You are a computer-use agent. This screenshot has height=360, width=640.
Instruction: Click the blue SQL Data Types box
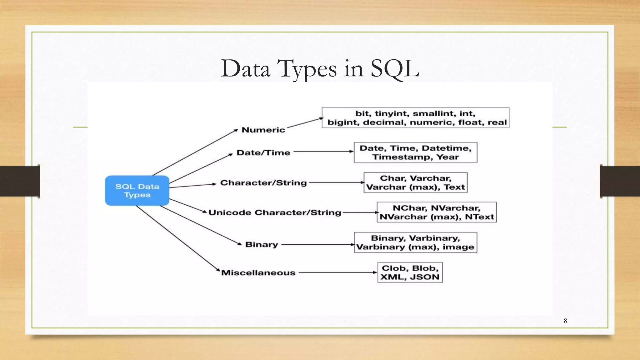coord(137,190)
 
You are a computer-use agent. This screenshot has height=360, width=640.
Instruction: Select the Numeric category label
coord(263,130)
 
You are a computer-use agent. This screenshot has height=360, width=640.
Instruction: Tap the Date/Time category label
coord(263,152)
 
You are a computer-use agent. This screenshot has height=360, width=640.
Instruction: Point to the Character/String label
coord(263,182)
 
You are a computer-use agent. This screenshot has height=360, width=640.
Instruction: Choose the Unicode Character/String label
coord(275,212)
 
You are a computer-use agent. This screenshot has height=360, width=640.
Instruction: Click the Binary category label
coord(262,244)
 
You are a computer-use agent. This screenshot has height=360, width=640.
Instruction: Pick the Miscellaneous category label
coord(258,272)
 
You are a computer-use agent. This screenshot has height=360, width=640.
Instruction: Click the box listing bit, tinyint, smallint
coord(415,118)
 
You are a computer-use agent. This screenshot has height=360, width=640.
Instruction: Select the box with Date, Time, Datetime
coord(415,152)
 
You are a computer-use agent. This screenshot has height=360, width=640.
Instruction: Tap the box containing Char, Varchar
coord(415,182)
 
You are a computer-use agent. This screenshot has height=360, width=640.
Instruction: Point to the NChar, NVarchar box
coord(437,212)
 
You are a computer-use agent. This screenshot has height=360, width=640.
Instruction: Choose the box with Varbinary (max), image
coord(415,242)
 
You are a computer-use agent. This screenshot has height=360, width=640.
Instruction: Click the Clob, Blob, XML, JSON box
coord(410,272)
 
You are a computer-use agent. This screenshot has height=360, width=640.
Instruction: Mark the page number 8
coord(565,321)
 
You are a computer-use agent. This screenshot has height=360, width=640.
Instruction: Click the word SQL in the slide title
coord(395,68)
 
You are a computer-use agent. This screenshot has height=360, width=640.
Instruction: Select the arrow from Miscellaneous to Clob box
coord(337,272)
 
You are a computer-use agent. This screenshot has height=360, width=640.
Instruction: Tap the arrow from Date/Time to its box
coord(323,152)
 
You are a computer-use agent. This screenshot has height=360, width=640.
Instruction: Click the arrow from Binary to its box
coord(317,244)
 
